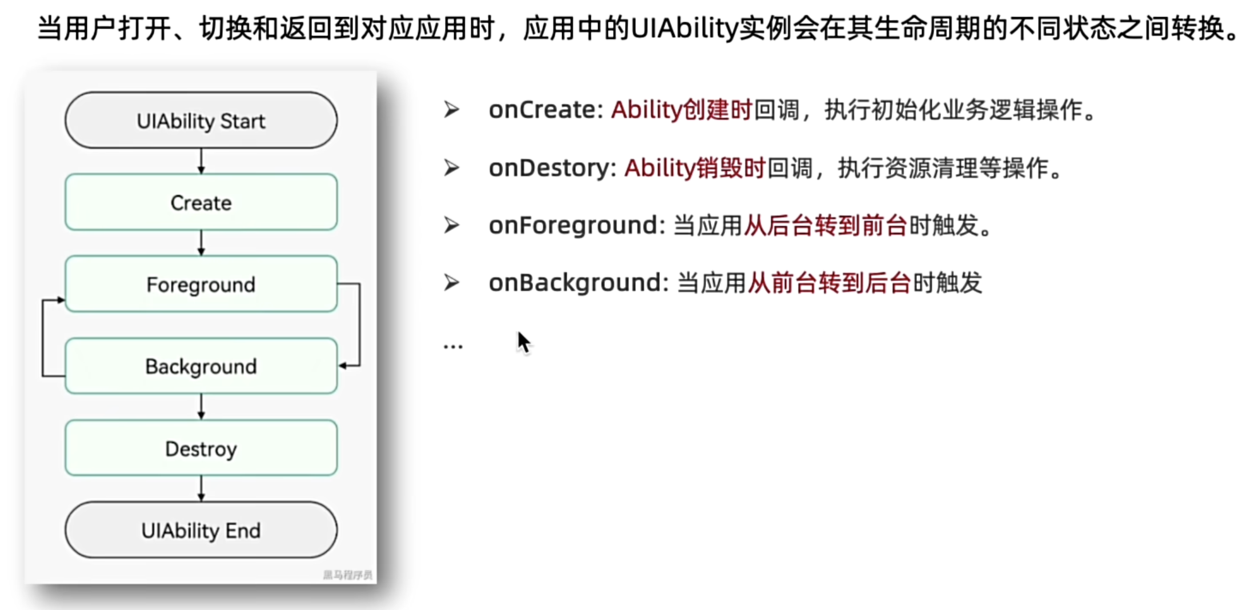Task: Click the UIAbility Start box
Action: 201,121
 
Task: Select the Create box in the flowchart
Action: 201,203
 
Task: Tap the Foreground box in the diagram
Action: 201,284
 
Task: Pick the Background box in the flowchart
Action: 201,366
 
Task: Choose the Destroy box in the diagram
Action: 201,448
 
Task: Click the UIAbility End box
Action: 201,530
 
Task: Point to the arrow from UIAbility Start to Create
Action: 201,162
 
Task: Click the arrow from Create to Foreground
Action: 201,243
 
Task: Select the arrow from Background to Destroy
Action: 201,407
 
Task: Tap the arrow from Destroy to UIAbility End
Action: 201,489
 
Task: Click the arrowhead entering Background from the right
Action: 343,366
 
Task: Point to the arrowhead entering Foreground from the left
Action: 61,300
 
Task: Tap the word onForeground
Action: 573,226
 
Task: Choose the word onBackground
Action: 575,283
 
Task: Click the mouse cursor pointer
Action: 524,343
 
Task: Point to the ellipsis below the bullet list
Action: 453,346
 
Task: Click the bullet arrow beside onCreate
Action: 452,110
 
